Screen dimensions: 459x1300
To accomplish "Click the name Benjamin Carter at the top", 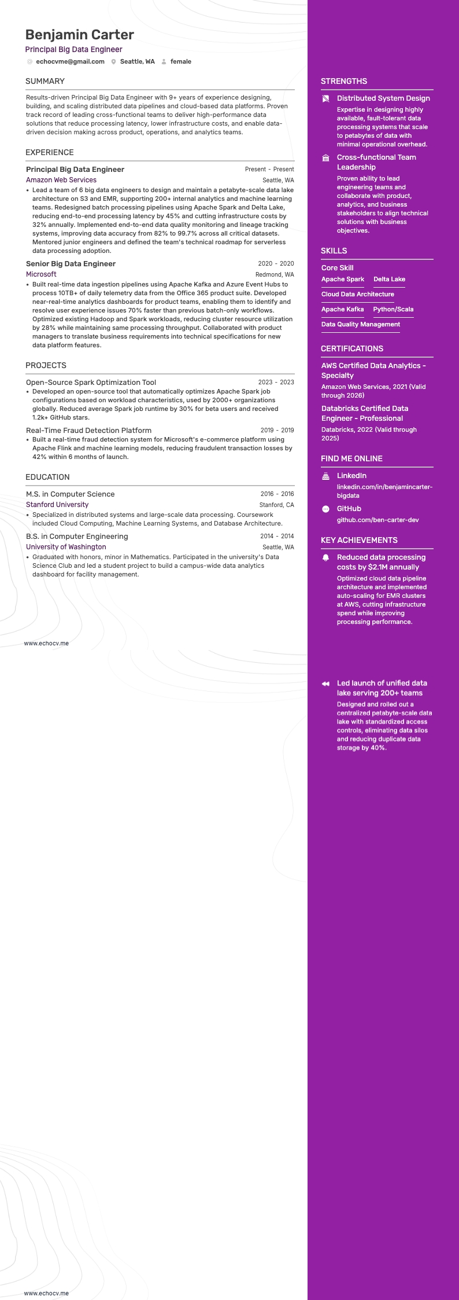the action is [80, 35].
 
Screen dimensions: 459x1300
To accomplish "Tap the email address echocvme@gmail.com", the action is [70, 61].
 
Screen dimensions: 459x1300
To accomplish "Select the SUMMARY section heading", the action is [45, 81].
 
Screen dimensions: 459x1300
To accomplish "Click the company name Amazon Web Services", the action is [61, 180].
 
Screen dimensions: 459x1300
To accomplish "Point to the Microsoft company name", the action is [41, 274].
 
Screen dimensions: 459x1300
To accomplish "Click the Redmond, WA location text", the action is [275, 275].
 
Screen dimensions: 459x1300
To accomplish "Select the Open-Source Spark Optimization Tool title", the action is [91, 382].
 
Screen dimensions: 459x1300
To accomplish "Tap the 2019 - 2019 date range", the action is [277, 431].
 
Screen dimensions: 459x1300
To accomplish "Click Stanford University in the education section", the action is [57, 505].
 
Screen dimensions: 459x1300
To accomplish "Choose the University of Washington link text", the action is [66, 547].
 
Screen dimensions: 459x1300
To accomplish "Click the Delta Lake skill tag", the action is [389, 279].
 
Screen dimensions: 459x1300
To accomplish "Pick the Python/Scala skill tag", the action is [393, 309].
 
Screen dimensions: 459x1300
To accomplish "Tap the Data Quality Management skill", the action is [360, 324].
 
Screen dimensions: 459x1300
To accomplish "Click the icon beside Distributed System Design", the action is [326, 99].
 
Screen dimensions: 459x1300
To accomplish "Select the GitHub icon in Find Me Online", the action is [326, 509].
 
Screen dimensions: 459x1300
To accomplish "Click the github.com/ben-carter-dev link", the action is [377, 520].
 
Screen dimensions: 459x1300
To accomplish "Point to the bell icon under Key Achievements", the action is [326, 558].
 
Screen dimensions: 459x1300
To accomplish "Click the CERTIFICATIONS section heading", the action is [352, 348].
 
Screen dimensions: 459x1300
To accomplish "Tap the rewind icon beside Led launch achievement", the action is [326, 684].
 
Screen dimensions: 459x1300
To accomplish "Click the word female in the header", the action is [180, 61].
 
